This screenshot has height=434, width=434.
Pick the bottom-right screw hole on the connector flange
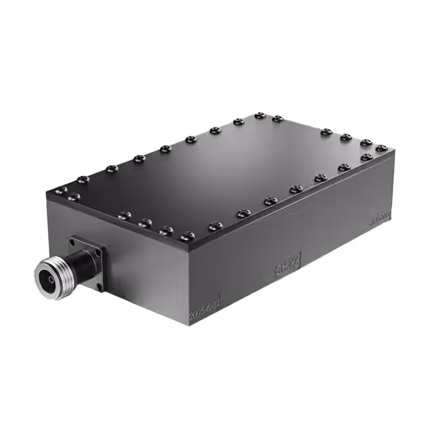(x=100, y=286)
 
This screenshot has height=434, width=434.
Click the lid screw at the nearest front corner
(x=188, y=235)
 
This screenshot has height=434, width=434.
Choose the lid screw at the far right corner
(x=382, y=148)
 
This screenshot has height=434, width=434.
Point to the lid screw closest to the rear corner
(x=260, y=116)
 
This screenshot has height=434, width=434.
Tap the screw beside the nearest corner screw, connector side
(x=166, y=230)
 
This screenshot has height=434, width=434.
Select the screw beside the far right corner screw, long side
(x=367, y=157)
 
